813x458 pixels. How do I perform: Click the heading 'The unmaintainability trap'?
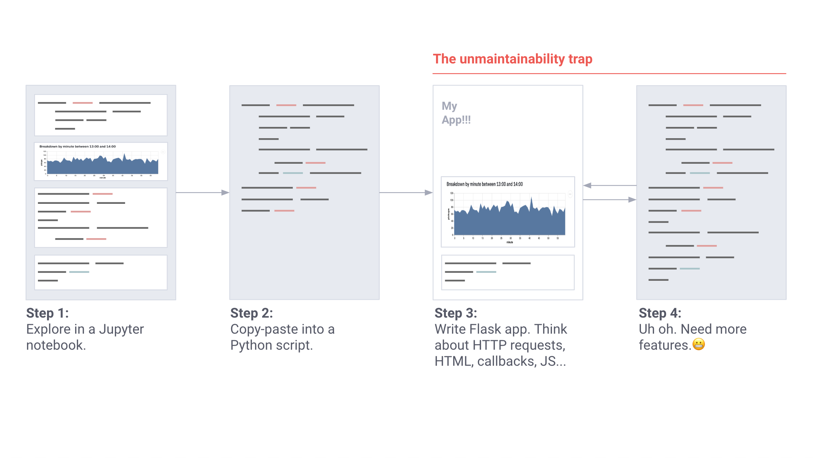[512, 59]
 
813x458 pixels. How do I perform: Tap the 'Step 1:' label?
[47, 313]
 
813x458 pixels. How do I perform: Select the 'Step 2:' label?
[252, 313]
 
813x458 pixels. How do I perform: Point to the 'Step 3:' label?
[456, 313]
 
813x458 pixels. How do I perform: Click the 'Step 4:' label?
[660, 313]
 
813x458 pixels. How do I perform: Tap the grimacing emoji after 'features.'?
[699, 345]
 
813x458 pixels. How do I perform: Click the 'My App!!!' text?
[456, 113]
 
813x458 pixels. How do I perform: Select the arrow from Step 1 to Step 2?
[202, 193]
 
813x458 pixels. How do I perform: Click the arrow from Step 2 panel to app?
[406, 193]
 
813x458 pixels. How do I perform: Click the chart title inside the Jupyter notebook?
[78, 147]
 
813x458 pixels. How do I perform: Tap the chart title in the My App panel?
[485, 184]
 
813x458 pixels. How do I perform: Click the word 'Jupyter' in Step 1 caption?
[121, 329]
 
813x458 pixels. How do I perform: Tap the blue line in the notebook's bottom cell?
[79, 272]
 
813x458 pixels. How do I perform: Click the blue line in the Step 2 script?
[293, 173]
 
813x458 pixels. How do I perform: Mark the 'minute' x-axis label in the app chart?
[510, 242]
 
